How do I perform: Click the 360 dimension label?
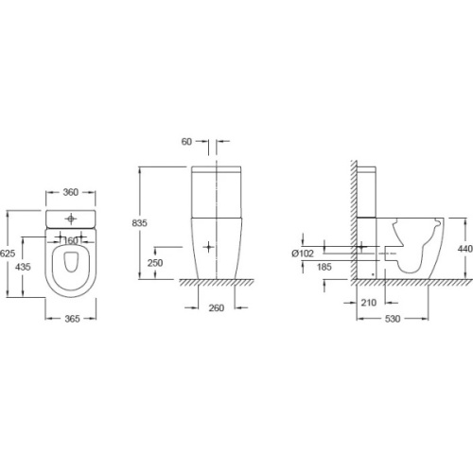tap(71, 191)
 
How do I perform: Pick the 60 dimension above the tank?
tap(188, 141)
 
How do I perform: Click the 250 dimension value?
tap(155, 262)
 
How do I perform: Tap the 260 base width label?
tap(217, 308)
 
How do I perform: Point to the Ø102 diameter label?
tap(304, 252)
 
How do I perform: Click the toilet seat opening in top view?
tap(71, 267)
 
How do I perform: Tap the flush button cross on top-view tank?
tap(71, 218)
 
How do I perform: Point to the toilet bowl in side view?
tap(416, 246)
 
